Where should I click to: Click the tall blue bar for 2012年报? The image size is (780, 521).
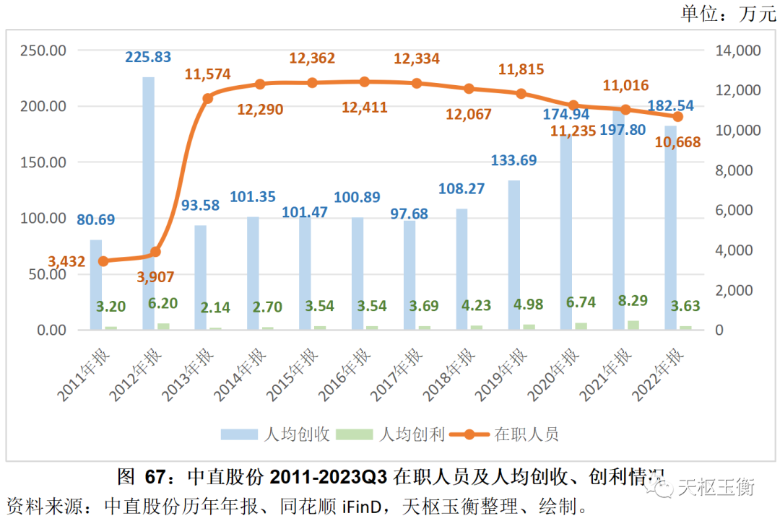pos(148,202)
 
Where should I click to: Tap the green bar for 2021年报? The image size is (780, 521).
pos(619,325)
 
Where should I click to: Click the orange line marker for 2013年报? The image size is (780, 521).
pos(208,97)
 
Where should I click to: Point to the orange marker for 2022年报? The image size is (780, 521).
pos(677,116)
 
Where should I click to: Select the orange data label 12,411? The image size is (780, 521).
pos(364,108)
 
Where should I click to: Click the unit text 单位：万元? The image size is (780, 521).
pos(727,14)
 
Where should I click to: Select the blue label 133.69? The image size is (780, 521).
pos(515,160)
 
